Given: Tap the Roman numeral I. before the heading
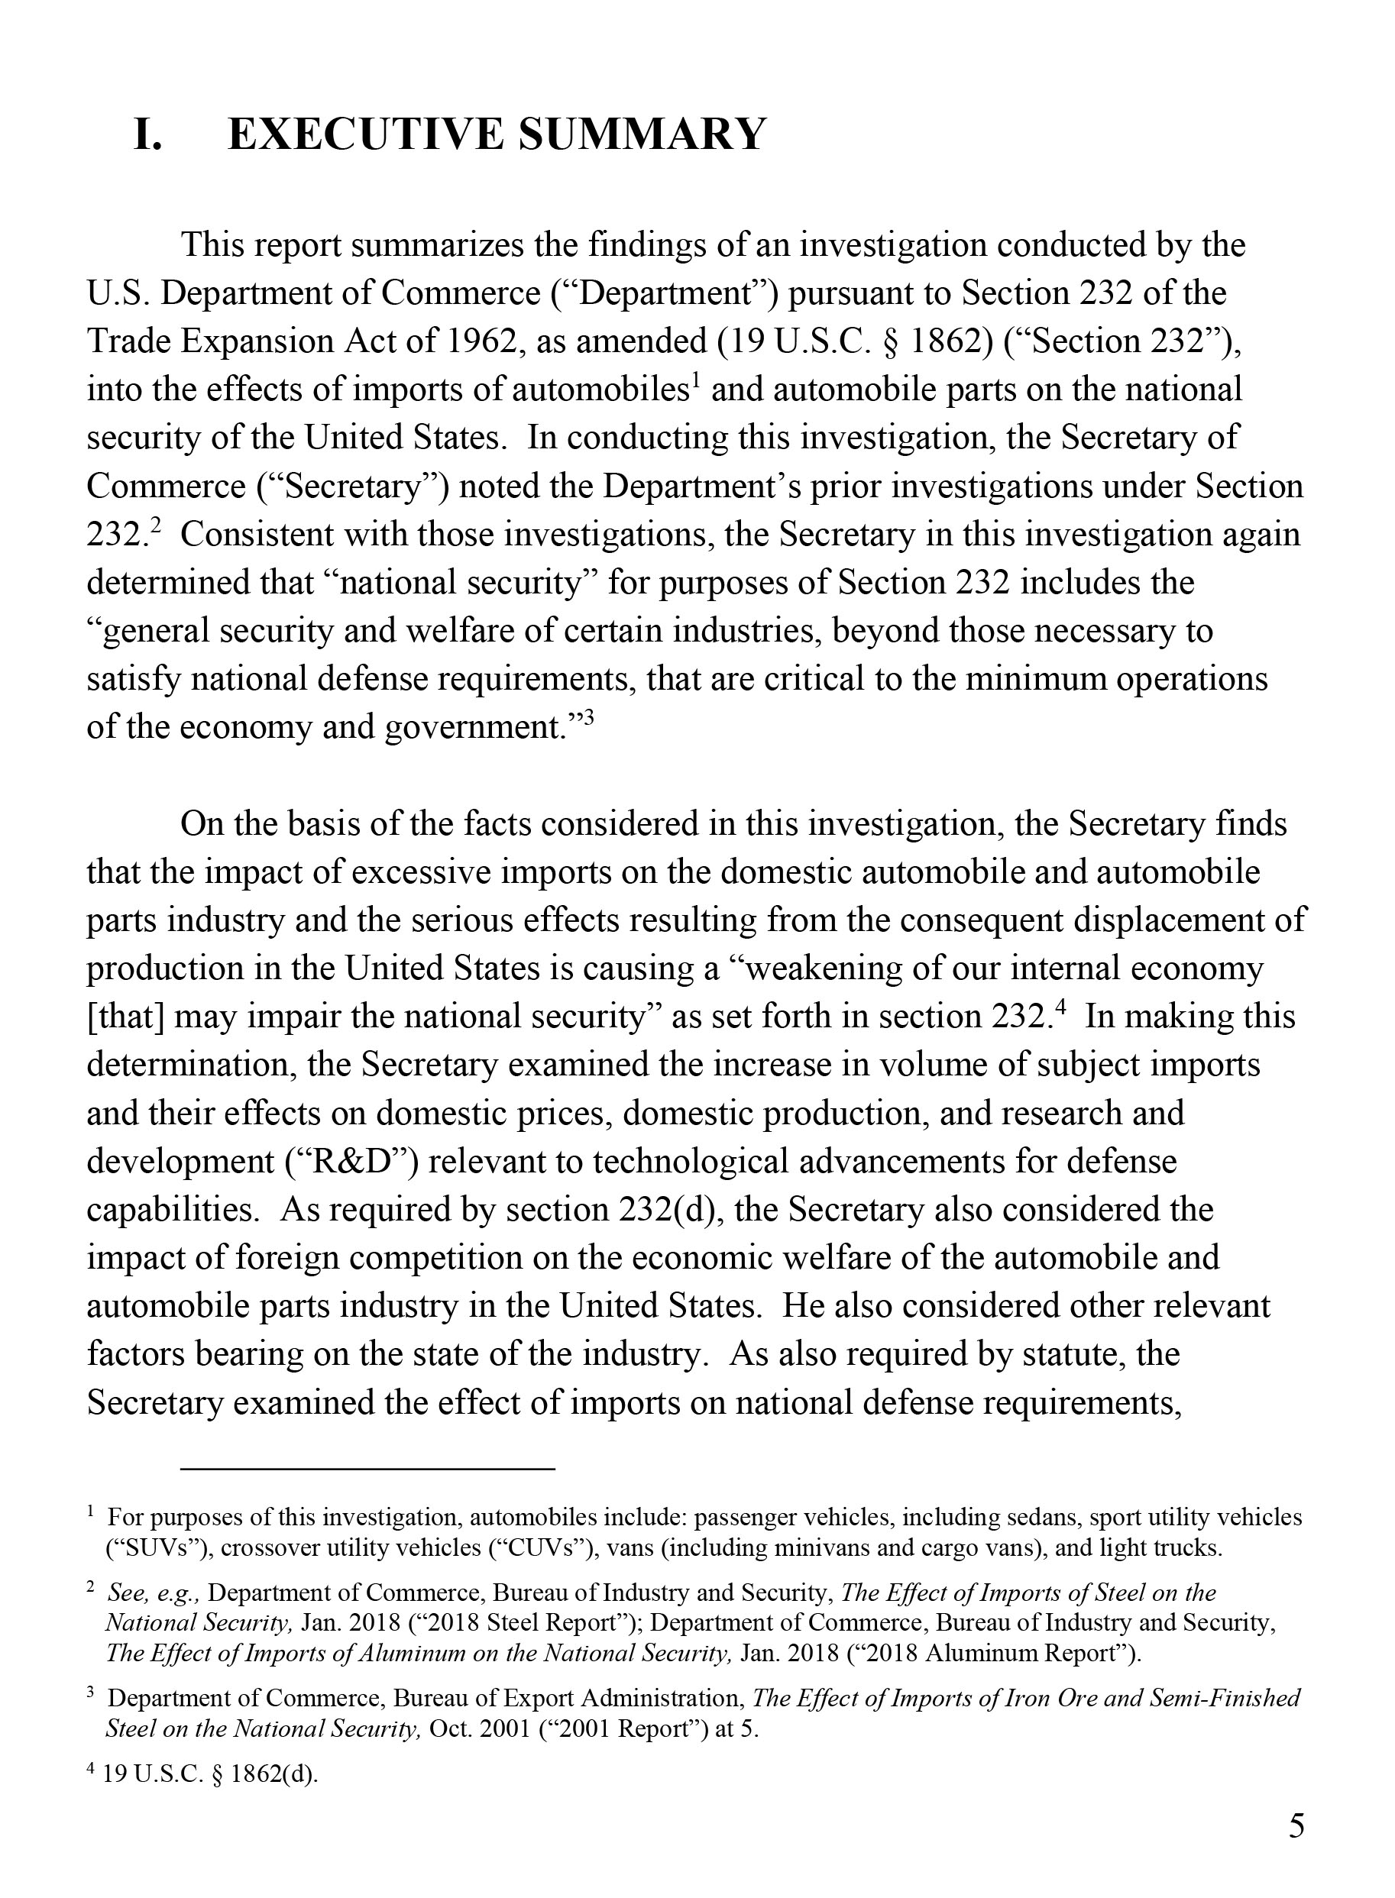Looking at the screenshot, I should click(149, 134).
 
